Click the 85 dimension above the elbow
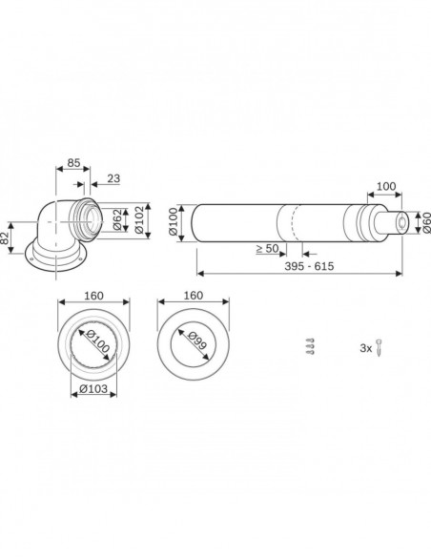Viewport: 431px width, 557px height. tap(73, 163)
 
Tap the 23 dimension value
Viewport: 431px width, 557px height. tap(113, 178)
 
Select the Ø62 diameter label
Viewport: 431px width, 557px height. tap(118, 220)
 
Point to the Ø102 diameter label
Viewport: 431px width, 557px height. tap(139, 220)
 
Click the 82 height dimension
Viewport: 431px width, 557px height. tap(4, 238)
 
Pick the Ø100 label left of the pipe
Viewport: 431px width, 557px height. tap(173, 222)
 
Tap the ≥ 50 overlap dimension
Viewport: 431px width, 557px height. tap(267, 249)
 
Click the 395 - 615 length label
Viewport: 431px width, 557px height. tap(309, 266)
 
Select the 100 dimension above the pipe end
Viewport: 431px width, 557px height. tap(386, 186)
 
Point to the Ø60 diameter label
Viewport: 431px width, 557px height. tap(426, 223)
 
